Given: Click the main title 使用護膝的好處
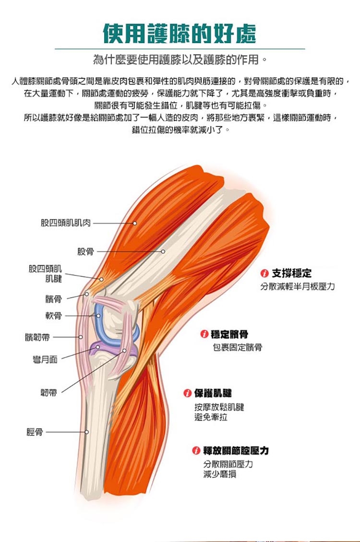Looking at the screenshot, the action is click(x=180, y=34).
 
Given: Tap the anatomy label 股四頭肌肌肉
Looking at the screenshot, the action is click(x=66, y=223).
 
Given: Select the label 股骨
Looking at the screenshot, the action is click(x=86, y=252).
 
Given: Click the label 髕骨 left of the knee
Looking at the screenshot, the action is click(x=54, y=299).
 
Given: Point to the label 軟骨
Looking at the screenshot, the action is click(x=54, y=316).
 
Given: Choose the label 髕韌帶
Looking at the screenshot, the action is click(x=37, y=337).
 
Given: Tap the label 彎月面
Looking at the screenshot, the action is click(x=45, y=359).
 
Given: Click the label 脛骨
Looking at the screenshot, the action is click(x=35, y=432).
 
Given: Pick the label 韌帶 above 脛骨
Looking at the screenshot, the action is click(x=49, y=392).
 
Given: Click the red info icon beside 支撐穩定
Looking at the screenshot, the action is click(x=264, y=273).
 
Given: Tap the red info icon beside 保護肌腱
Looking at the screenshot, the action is click(x=187, y=393).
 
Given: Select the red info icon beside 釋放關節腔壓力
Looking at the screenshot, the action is click(x=196, y=450).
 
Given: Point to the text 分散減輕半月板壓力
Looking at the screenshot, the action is click(x=298, y=286).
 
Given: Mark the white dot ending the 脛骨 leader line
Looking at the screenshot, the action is click(x=87, y=432).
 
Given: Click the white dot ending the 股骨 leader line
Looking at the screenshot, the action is click(x=163, y=252).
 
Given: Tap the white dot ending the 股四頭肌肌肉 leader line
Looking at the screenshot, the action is click(x=135, y=224).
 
